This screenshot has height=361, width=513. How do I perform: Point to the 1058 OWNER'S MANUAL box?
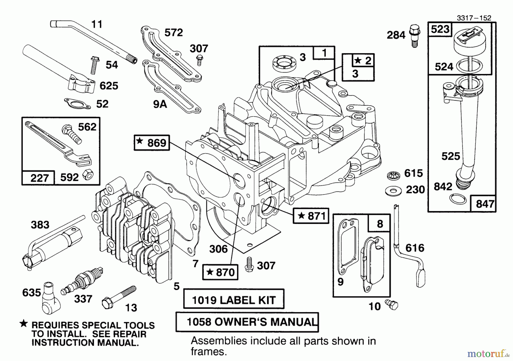point(247,322)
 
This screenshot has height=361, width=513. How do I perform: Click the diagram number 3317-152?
point(474,18)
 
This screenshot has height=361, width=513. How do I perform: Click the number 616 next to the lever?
point(415,248)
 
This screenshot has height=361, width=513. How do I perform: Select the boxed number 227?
point(39,178)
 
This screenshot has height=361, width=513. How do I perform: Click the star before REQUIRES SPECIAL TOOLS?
point(24,324)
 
